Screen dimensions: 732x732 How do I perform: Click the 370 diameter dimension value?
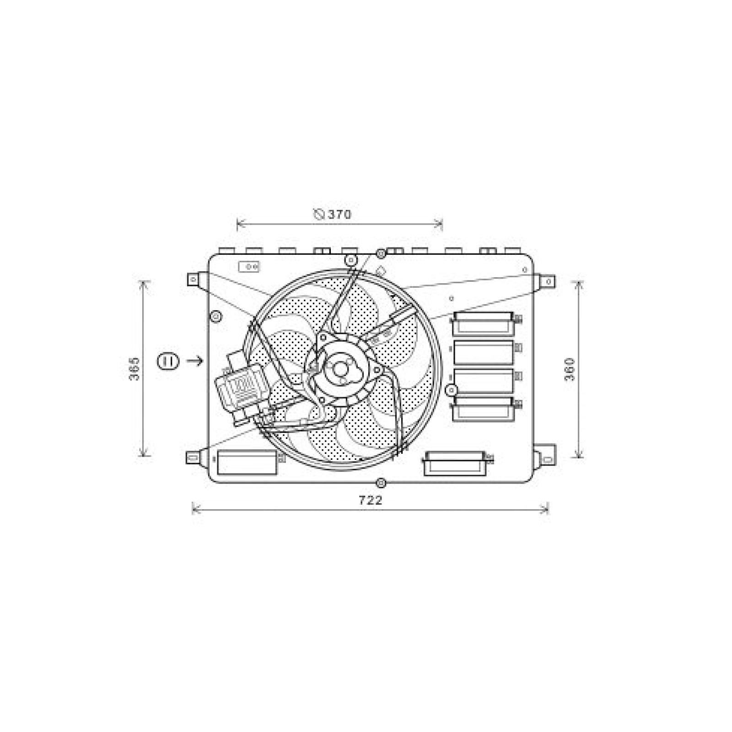(x=339, y=214)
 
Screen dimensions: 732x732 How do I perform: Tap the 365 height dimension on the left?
(x=134, y=368)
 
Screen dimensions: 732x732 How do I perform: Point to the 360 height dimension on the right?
(x=570, y=369)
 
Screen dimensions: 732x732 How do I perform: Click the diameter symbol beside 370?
(x=319, y=214)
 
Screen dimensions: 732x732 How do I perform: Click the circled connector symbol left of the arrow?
(x=167, y=361)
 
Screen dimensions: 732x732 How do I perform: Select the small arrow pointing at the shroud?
(x=195, y=361)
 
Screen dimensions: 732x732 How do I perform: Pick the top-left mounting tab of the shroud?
(x=194, y=279)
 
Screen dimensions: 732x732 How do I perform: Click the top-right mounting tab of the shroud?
(x=548, y=281)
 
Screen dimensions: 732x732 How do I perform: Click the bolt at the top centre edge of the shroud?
(x=381, y=253)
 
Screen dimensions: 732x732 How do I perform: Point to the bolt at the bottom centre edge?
(x=381, y=483)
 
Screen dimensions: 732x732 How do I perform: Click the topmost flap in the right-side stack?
(x=482, y=323)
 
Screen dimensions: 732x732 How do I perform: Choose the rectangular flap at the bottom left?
(x=247, y=463)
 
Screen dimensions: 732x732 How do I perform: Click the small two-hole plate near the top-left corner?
(x=249, y=266)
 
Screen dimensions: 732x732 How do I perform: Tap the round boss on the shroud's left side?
(x=215, y=317)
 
